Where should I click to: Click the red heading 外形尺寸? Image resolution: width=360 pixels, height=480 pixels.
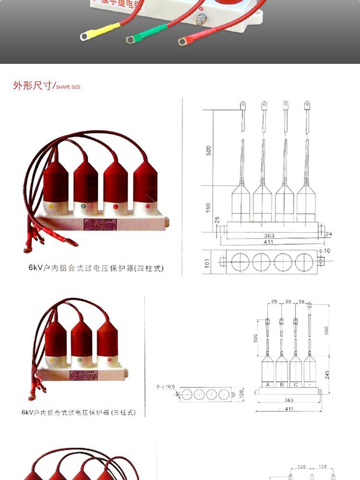pos(32,86)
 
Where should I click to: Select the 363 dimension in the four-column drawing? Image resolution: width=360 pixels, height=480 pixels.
pos(269,236)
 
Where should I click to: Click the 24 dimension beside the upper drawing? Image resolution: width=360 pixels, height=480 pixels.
pos(328,234)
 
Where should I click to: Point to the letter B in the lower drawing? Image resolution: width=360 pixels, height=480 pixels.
pos(281,384)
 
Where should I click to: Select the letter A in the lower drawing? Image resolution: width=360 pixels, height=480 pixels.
pos(267,384)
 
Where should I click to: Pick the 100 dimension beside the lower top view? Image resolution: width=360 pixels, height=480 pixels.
pos(241,394)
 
